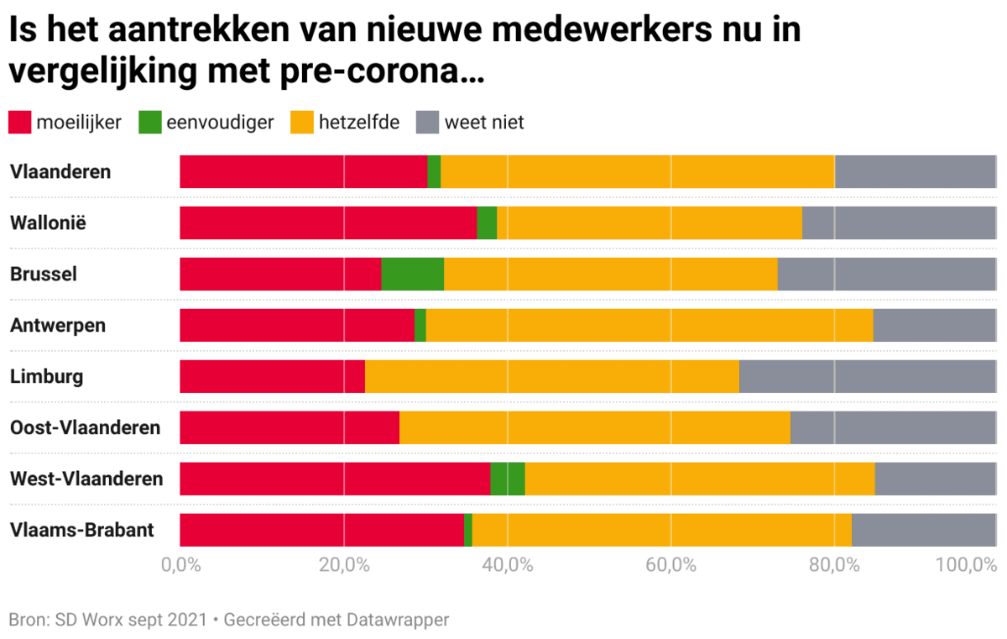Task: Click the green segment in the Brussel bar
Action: pyautogui.click(x=412, y=275)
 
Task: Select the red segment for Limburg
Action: pyautogui.click(x=272, y=376)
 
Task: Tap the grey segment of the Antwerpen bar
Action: pyautogui.click(x=934, y=325)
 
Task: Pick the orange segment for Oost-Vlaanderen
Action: pyautogui.click(x=594, y=427)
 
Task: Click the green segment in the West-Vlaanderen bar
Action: pyautogui.click(x=507, y=479)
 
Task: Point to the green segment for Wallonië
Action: pyautogui.click(x=487, y=223)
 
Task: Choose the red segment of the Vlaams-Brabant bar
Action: pyautogui.click(x=321, y=530)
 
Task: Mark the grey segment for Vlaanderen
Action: pyautogui.click(x=915, y=172)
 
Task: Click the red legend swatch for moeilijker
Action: pyautogui.click(x=19, y=123)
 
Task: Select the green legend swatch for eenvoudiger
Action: pyautogui.click(x=149, y=123)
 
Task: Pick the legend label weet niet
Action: pyautogui.click(x=483, y=123)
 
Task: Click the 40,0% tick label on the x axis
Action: pyautogui.click(x=509, y=564)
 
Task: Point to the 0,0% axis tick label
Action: pyautogui.click(x=180, y=564)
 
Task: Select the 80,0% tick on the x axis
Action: pyautogui.click(x=836, y=564)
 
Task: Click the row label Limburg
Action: pyautogui.click(x=47, y=376)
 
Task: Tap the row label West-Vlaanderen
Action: pyautogui.click(x=86, y=479)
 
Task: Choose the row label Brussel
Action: pyautogui.click(x=44, y=275)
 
